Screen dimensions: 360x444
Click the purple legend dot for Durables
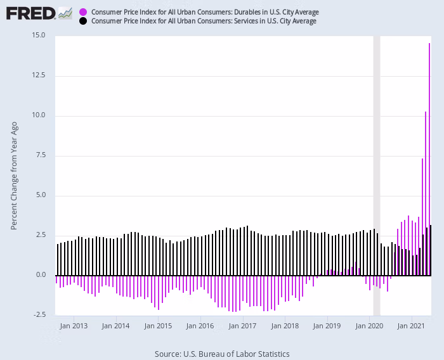coord(83,12)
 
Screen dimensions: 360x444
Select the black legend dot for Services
coord(83,21)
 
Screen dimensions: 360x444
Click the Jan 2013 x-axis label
coord(74,326)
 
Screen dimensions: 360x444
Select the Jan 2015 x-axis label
coord(158,326)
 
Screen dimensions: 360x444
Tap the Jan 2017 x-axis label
coord(243,326)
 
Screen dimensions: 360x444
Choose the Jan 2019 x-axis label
coord(327,326)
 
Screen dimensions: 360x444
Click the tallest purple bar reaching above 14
coord(429,158)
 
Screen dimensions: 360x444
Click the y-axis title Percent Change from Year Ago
coord(14,175)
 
